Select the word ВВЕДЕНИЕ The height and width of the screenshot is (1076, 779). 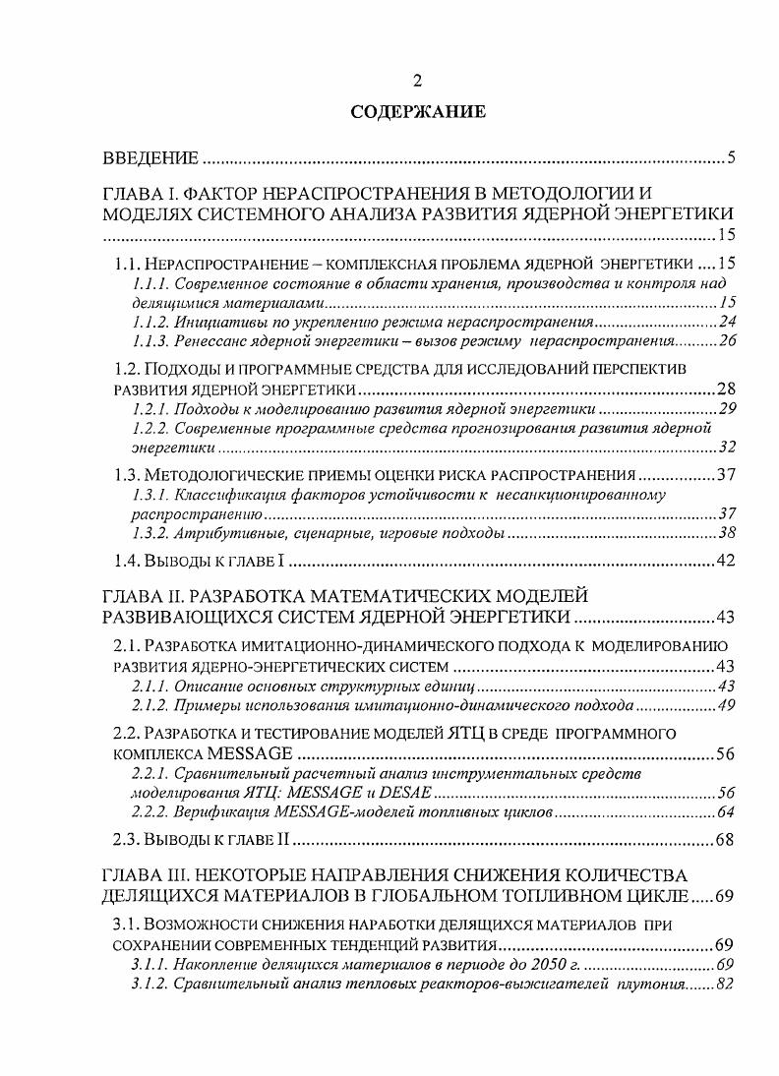coord(151,158)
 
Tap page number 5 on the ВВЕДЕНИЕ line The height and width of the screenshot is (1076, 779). coord(731,158)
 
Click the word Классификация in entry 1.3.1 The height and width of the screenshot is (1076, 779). coord(216,495)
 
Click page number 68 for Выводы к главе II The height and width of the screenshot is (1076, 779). coord(726,841)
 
